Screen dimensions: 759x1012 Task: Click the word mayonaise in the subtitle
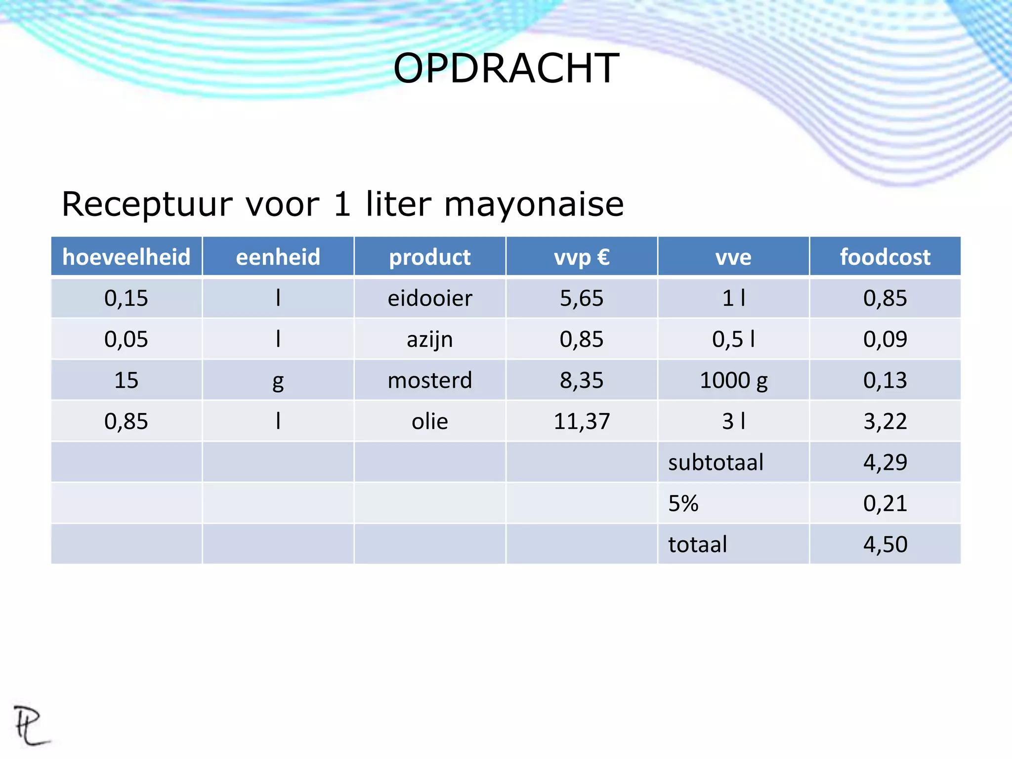[x=534, y=204]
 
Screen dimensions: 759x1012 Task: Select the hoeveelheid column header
[x=126, y=257]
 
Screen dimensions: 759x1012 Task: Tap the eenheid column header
[x=278, y=257]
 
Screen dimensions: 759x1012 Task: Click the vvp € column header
[x=582, y=257]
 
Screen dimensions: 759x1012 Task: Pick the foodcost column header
[x=885, y=257]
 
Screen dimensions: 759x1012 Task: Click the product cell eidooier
[x=430, y=298]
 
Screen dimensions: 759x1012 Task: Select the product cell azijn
[x=430, y=339]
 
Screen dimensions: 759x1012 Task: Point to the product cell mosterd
[x=430, y=380]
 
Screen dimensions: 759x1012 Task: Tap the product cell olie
[x=430, y=422]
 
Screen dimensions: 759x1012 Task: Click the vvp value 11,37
[x=582, y=422]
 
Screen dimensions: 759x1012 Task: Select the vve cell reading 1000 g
[x=733, y=380]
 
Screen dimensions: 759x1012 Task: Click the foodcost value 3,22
[x=885, y=422]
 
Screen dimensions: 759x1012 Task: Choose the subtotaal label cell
[x=716, y=463]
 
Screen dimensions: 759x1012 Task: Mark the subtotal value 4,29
[x=885, y=463]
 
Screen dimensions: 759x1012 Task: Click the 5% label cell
[x=683, y=504]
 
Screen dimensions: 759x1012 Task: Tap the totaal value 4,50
[x=885, y=545]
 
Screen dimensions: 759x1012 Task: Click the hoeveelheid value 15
[x=126, y=380]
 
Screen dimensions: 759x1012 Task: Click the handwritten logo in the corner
[x=31, y=725]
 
